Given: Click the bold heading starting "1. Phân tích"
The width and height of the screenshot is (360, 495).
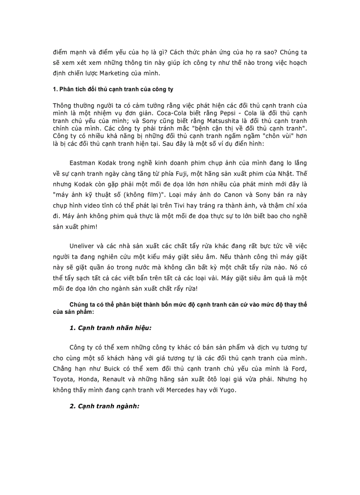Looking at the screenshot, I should [113, 89].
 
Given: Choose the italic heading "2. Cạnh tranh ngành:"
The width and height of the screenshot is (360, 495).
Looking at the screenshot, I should [105, 406].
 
